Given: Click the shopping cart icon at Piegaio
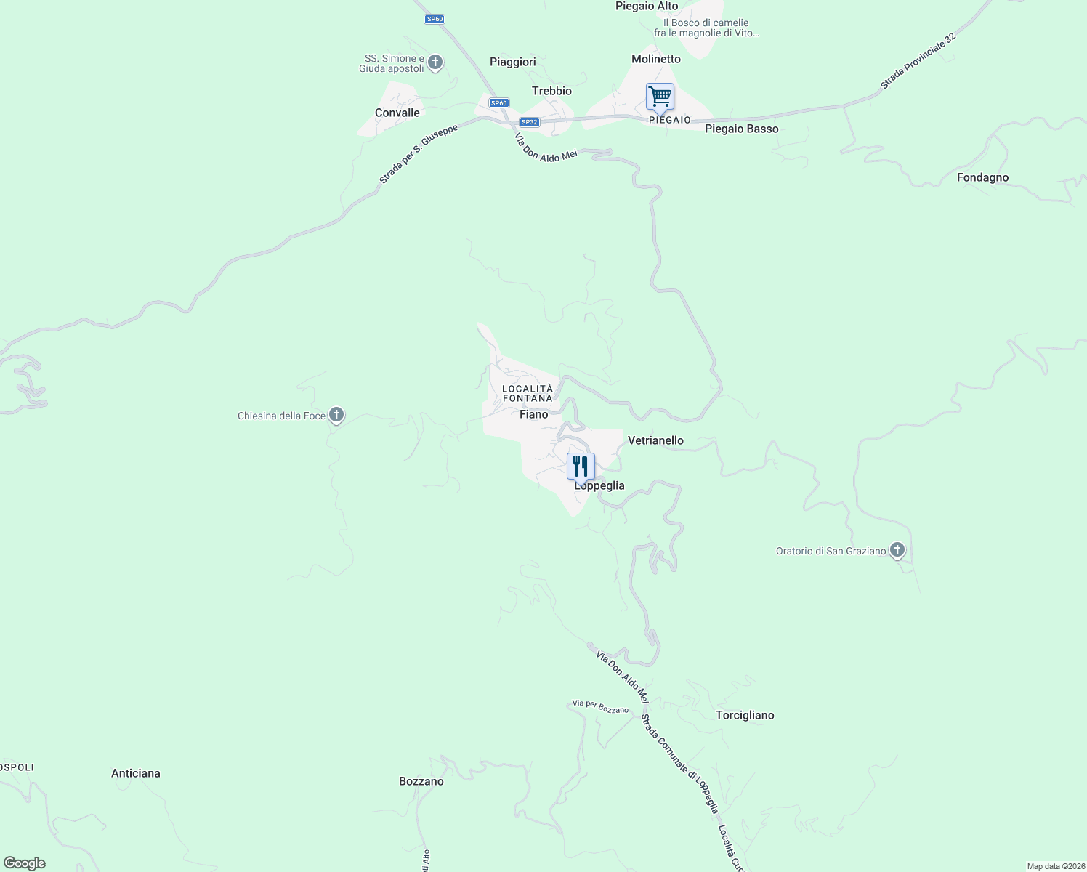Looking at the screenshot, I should click(x=660, y=97).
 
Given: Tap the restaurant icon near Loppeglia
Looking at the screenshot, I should click(x=581, y=466).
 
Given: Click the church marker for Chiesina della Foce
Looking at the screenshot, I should click(x=336, y=415).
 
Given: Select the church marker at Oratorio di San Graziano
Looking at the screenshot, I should click(x=897, y=550).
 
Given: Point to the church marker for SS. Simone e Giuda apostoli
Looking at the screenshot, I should click(x=435, y=62).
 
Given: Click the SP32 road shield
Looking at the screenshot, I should click(x=530, y=122).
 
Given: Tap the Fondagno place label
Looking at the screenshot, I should click(x=982, y=177).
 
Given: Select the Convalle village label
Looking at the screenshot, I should click(x=397, y=113).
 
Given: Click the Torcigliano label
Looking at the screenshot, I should click(x=745, y=715).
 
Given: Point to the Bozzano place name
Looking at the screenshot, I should click(x=421, y=781).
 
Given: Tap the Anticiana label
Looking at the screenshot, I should click(x=136, y=773).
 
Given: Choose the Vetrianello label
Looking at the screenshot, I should click(x=655, y=440).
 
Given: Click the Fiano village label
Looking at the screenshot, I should click(x=534, y=414).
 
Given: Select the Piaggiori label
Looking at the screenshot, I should click(x=513, y=62).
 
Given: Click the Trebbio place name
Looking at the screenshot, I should click(x=551, y=91).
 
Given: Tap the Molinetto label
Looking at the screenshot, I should click(x=656, y=59).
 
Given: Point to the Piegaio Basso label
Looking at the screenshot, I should click(x=741, y=129).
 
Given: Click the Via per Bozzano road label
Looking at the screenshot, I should click(x=600, y=706).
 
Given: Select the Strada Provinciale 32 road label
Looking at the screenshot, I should click(x=917, y=61).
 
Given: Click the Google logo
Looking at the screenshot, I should click(x=25, y=863).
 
